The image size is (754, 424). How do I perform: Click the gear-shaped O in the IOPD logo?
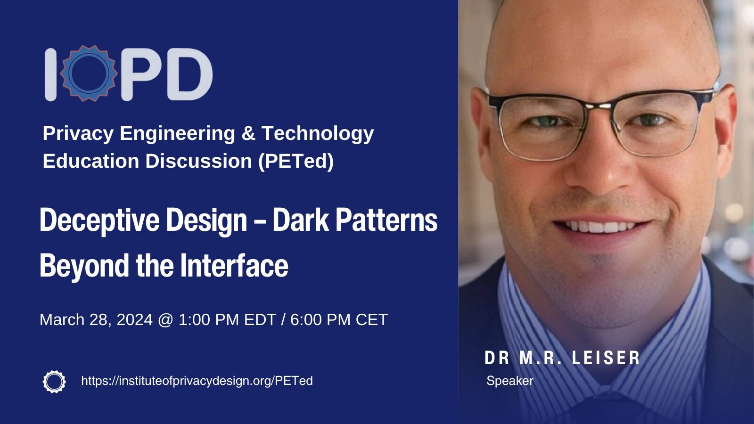click(x=89, y=73)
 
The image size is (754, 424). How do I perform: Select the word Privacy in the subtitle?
click(x=78, y=134)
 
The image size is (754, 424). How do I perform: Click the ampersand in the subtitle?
click(x=248, y=133)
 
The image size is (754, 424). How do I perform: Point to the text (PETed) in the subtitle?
click(x=296, y=161)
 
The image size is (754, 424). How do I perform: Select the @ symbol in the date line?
click(x=165, y=320)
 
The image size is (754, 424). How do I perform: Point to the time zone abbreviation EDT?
click(x=260, y=319)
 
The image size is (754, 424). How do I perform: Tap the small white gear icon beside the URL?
click(x=54, y=382)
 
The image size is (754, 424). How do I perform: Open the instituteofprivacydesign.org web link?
click(x=197, y=381)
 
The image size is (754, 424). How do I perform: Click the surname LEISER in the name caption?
click(x=606, y=358)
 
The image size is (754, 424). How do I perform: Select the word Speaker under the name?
click(x=510, y=381)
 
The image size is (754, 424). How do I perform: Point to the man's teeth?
click(x=600, y=226)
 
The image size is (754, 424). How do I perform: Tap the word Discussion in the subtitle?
click(x=198, y=161)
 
